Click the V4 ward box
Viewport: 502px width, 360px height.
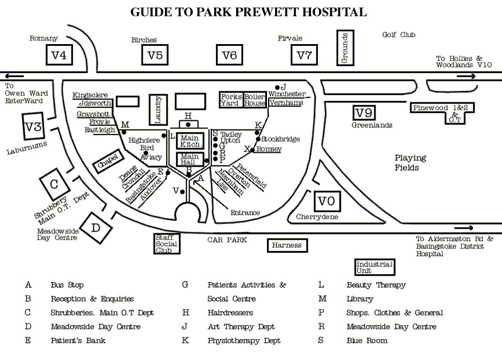(x=59, y=56)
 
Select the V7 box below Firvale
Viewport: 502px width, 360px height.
(x=304, y=56)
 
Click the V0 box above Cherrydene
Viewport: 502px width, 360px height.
(x=327, y=201)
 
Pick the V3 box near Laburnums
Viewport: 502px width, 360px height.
(x=34, y=127)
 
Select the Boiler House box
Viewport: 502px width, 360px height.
(x=254, y=99)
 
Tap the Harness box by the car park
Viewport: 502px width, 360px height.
(x=287, y=245)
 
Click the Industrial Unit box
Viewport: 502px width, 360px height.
(x=374, y=267)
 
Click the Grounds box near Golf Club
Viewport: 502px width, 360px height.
(x=345, y=48)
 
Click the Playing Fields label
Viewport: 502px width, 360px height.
(x=410, y=163)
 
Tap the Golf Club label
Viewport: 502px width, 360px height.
(x=399, y=35)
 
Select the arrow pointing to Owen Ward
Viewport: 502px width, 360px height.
(x=16, y=76)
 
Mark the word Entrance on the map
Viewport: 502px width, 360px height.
(x=245, y=213)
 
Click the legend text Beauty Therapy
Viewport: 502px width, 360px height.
(x=375, y=285)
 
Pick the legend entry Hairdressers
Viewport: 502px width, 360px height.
(x=230, y=312)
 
